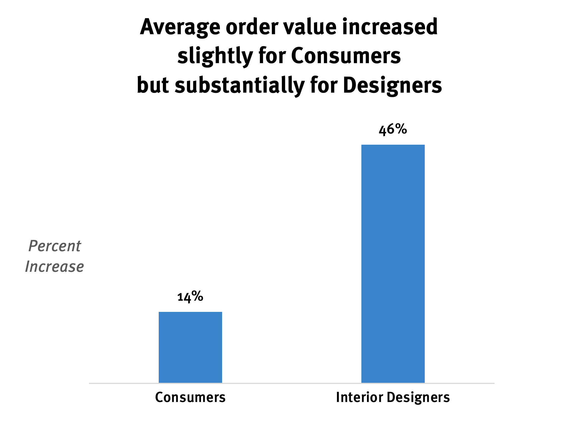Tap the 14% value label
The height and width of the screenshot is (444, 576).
pos(190,297)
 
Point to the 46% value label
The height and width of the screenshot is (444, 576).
pos(393,130)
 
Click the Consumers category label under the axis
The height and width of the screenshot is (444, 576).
pos(190,397)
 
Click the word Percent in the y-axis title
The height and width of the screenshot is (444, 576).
pos(54,246)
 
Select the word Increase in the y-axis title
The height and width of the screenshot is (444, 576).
pos(54,267)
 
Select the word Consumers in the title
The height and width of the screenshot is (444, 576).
pos(346,56)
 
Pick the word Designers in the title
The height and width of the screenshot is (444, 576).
pos(392,86)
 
